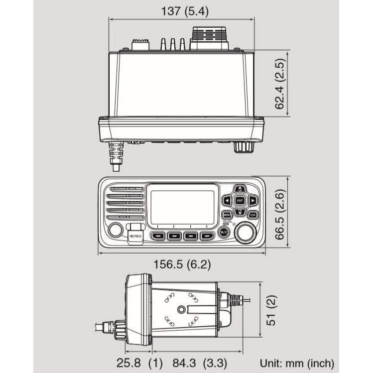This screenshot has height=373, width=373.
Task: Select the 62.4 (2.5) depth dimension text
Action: point(280,83)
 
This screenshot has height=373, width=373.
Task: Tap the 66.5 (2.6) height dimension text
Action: point(280,214)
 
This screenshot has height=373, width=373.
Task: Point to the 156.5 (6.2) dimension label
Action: point(181,264)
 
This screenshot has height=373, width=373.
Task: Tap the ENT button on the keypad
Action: point(240,201)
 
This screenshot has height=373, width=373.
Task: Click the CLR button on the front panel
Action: point(253,215)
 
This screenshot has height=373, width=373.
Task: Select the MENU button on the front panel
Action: point(227,215)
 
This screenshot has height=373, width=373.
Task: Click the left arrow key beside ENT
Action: point(227,201)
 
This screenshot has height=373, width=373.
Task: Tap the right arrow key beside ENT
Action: point(253,201)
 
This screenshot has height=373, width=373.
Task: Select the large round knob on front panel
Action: point(245,233)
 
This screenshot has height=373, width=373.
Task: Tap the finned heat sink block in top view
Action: point(209,38)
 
